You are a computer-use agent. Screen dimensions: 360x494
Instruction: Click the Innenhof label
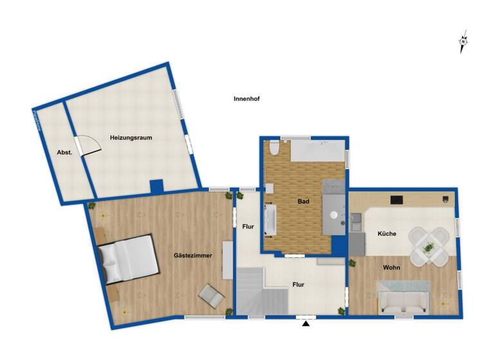pos(246,99)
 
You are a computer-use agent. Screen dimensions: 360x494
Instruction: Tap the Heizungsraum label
pos(131,138)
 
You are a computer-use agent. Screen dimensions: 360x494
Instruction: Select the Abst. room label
pos(64,152)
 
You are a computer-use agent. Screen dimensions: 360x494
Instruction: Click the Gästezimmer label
pos(190,256)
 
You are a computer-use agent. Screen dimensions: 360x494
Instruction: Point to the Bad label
pos(303,201)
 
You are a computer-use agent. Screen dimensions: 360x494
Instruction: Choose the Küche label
pos(387,234)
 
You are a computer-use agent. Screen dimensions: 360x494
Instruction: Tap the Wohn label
pos(392,267)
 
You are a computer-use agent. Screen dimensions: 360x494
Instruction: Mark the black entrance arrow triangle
pos(306,323)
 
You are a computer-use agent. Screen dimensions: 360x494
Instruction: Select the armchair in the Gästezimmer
pos(211,295)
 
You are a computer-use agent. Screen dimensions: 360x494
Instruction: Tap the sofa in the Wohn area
pos(404,301)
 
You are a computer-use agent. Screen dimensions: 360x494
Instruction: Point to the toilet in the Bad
pos(275,150)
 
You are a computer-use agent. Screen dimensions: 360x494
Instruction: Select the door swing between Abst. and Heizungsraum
pos(89,145)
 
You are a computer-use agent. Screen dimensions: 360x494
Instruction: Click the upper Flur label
pos(248,226)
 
